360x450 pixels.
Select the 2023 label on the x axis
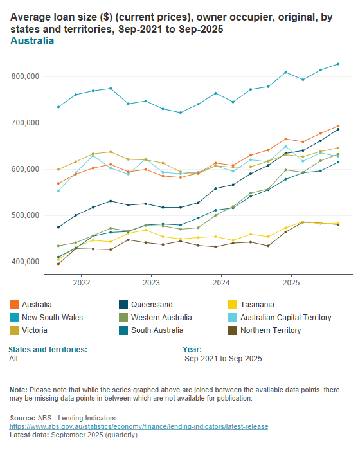pos(151,282)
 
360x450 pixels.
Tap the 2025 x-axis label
pos(291,282)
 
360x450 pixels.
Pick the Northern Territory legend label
pos(270,330)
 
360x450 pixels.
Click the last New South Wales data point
pos(338,64)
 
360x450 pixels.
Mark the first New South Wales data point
pos(59,107)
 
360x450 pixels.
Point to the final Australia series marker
pos(338,126)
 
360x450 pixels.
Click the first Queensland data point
pos(59,227)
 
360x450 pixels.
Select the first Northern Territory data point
pos(59,264)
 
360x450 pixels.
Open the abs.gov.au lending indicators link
pos(138,426)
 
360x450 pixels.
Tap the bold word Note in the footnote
pos(19,390)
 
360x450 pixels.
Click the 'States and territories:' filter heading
pos(48,349)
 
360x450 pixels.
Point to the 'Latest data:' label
pos(30,435)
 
